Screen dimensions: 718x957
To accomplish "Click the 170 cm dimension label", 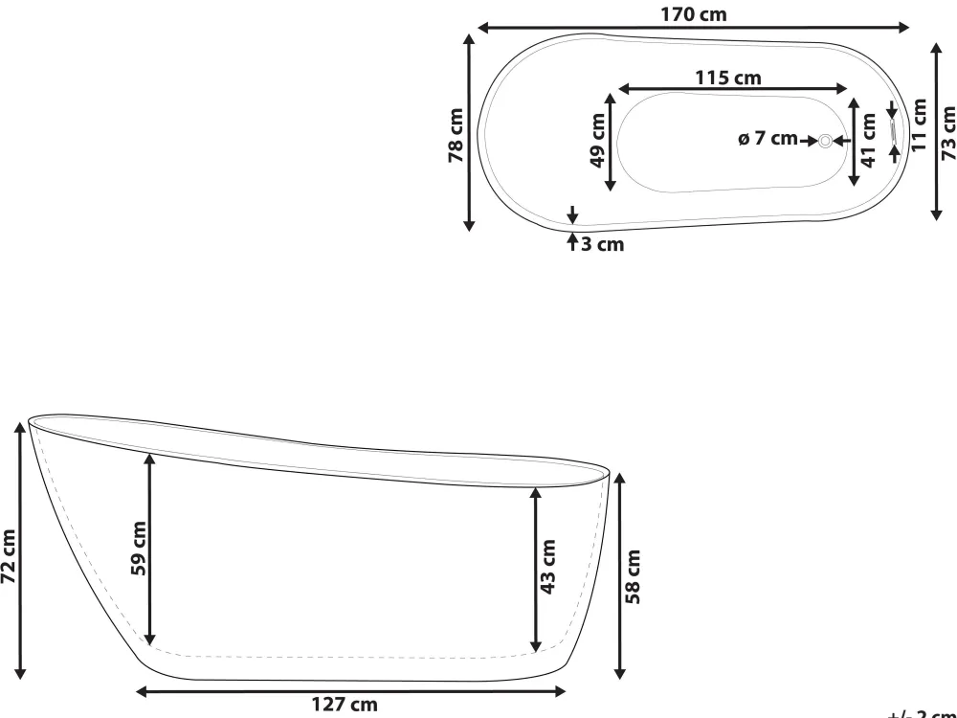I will (694, 13).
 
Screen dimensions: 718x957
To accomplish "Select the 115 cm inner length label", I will (728, 78).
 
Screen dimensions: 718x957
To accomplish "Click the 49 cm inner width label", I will (598, 141).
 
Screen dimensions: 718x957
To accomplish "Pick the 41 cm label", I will (869, 141).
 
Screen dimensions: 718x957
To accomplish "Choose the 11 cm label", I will (919, 125).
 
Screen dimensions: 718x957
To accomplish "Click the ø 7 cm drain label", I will (768, 140).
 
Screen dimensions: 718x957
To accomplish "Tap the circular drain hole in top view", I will (825, 141).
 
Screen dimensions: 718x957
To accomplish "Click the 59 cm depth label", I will (138, 549).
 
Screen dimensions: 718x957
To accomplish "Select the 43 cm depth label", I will (547, 567).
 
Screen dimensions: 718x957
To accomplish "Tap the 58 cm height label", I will (633, 577).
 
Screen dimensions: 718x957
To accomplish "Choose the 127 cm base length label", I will (345, 706).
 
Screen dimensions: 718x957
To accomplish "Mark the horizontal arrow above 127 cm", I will (350, 689).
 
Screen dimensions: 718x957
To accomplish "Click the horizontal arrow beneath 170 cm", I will (694, 29).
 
